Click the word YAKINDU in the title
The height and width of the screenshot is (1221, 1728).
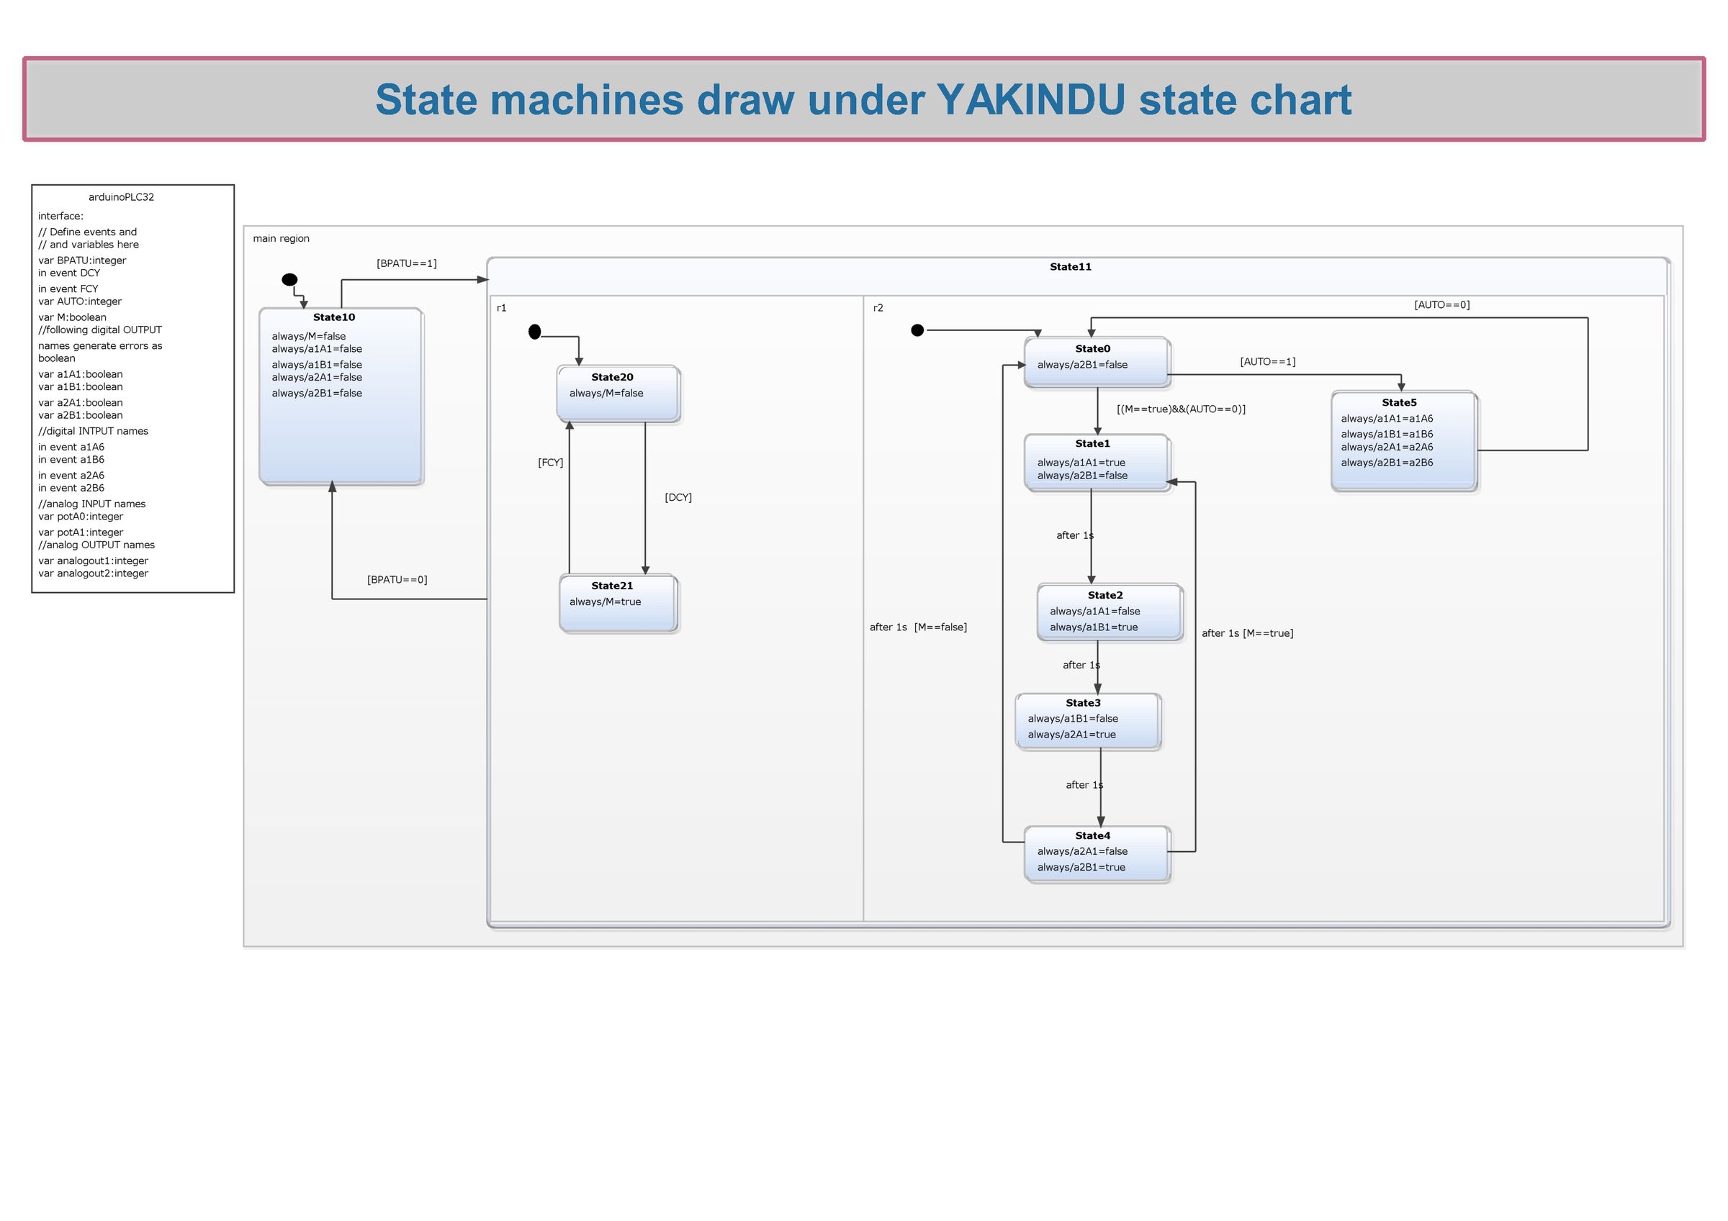(x=1030, y=99)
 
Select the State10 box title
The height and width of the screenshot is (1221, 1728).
(x=333, y=317)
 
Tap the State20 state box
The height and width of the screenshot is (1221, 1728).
(x=618, y=394)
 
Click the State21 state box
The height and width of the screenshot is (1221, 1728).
(x=618, y=603)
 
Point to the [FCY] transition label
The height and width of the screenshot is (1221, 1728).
(x=550, y=463)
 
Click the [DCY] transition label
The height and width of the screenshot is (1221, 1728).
(x=678, y=497)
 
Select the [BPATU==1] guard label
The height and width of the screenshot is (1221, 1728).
(x=406, y=263)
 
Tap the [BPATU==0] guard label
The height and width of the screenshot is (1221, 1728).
(x=397, y=579)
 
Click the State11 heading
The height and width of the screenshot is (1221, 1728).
(x=1069, y=267)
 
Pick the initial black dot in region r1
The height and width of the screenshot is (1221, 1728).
(x=534, y=332)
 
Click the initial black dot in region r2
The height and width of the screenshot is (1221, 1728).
(x=917, y=330)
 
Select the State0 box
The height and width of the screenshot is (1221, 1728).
(x=1096, y=362)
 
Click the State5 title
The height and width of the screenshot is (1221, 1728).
(x=1398, y=402)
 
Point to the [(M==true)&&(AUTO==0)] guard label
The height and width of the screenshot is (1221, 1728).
(x=1180, y=409)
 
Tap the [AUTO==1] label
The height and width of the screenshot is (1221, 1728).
(x=1267, y=362)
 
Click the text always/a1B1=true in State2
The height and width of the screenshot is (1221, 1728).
(x=1093, y=627)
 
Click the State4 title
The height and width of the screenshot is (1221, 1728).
(x=1092, y=836)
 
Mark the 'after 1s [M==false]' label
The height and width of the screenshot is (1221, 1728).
(x=917, y=627)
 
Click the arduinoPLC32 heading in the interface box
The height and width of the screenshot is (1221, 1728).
(x=121, y=197)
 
